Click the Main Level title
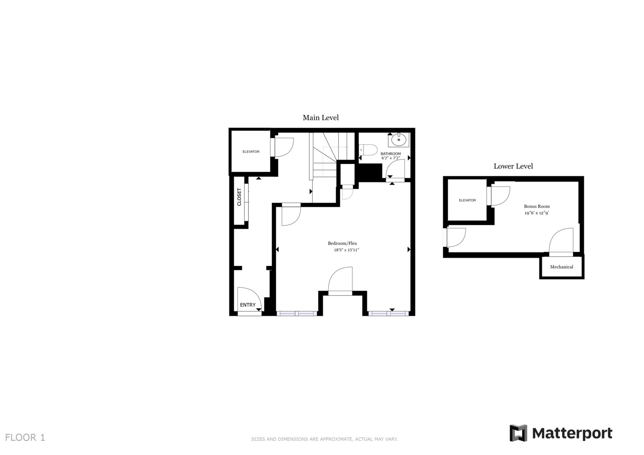(321, 118)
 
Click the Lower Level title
(513, 166)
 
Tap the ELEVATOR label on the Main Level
(251, 152)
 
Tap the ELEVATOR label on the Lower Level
(467, 200)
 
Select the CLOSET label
(239, 197)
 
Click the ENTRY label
(248, 305)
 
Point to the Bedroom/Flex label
(342, 243)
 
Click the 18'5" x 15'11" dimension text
(346, 250)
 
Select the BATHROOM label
(391, 154)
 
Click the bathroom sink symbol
(399, 139)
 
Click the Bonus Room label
(536, 206)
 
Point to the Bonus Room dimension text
(536, 213)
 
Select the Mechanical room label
(561, 267)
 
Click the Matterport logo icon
(518, 433)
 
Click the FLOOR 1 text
(25, 437)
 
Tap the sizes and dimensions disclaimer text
(324, 439)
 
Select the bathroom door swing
(395, 169)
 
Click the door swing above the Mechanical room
(561, 241)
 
